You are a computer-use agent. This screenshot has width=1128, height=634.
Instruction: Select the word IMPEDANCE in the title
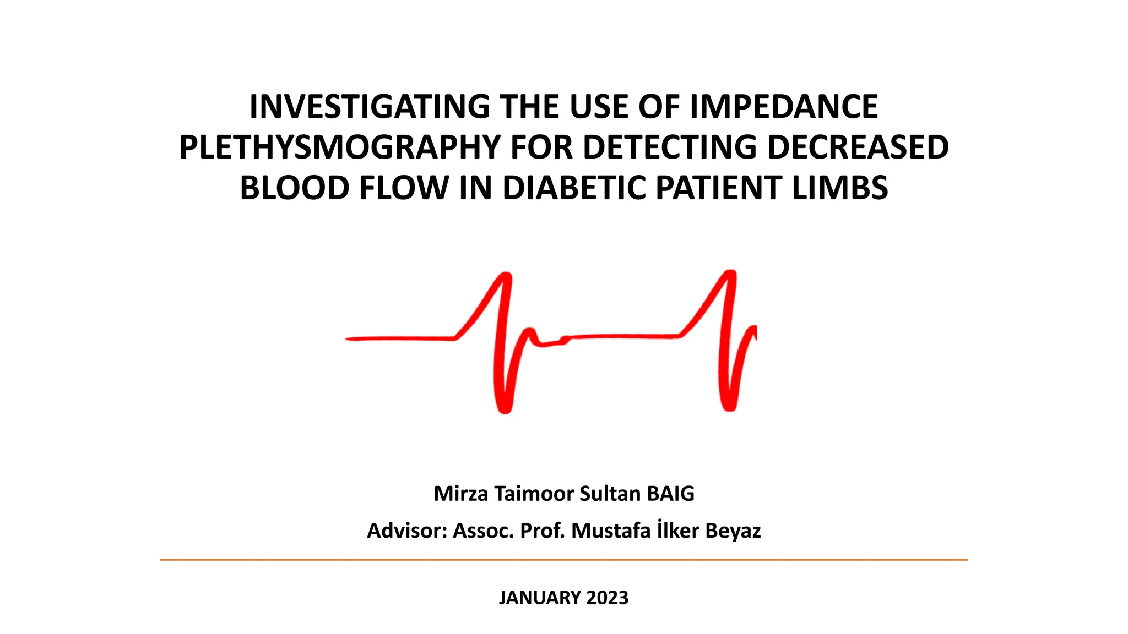(784, 107)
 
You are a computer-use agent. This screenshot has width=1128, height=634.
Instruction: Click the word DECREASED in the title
(858, 147)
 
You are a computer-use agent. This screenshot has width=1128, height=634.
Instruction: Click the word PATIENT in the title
(719, 188)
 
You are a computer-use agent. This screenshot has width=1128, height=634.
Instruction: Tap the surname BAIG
(670, 494)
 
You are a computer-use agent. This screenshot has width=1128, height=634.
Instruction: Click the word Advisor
(406, 531)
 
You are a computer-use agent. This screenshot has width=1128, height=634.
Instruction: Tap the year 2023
(608, 598)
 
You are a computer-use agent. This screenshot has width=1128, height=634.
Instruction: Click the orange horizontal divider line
(564, 560)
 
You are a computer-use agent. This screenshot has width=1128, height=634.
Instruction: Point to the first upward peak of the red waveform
(506, 276)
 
